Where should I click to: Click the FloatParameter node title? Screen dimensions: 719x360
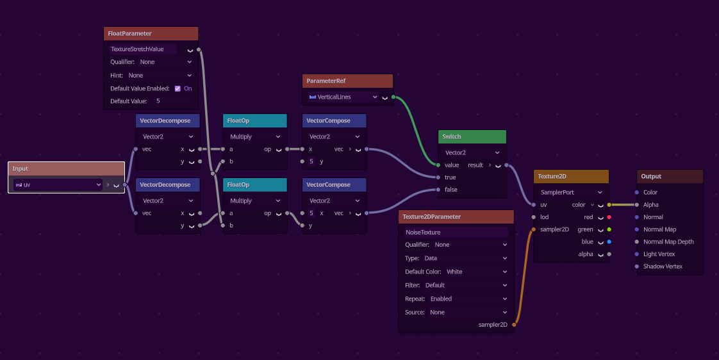click(x=130, y=33)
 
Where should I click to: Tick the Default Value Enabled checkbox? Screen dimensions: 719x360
click(x=178, y=88)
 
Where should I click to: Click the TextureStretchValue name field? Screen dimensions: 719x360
click(x=143, y=49)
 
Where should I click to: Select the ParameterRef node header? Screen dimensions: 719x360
click(x=347, y=81)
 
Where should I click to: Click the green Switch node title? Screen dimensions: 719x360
click(x=452, y=136)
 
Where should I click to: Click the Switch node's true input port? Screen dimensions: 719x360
click(x=438, y=177)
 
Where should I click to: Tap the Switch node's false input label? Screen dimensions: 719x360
click(x=450, y=190)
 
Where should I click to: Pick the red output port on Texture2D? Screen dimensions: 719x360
click(x=609, y=217)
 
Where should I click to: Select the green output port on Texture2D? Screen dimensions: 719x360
click(x=609, y=229)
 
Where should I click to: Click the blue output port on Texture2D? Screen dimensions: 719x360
click(x=609, y=241)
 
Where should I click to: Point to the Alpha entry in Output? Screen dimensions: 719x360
click(x=650, y=205)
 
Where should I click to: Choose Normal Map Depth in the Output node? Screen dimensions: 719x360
click(x=668, y=241)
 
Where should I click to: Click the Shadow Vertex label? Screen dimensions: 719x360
click(x=663, y=266)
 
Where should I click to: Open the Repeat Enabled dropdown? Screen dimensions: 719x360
click(x=456, y=299)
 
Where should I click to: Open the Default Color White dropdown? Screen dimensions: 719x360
click(x=456, y=272)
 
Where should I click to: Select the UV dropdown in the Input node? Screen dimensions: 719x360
click(x=58, y=185)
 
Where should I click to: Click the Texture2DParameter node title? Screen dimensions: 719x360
click(x=431, y=217)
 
